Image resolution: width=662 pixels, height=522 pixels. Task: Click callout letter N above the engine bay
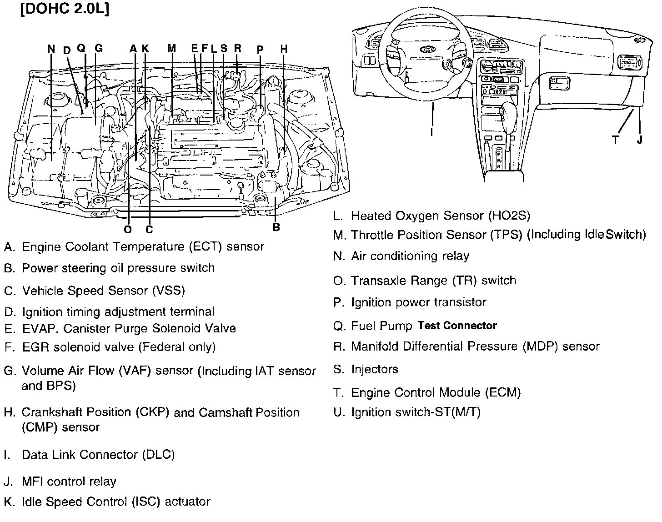pyautogui.click(x=51, y=49)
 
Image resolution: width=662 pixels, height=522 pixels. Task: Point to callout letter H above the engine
pyautogui.click(x=284, y=49)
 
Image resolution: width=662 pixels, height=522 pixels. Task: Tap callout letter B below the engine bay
pyautogui.click(x=276, y=227)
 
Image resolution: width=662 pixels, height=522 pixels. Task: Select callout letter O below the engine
pyautogui.click(x=128, y=230)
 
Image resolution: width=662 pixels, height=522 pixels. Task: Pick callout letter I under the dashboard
pyautogui.click(x=431, y=132)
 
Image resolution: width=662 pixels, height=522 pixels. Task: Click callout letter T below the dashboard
pyautogui.click(x=616, y=140)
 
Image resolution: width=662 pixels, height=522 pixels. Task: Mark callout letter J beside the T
pyautogui.click(x=640, y=140)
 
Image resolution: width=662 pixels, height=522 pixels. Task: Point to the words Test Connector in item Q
pyautogui.click(x=457, y=326)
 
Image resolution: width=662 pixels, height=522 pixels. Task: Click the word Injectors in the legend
pyautogui.click(x=375, y=369)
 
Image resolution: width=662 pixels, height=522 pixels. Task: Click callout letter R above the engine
pyautogui.click(x=237, y=49)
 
